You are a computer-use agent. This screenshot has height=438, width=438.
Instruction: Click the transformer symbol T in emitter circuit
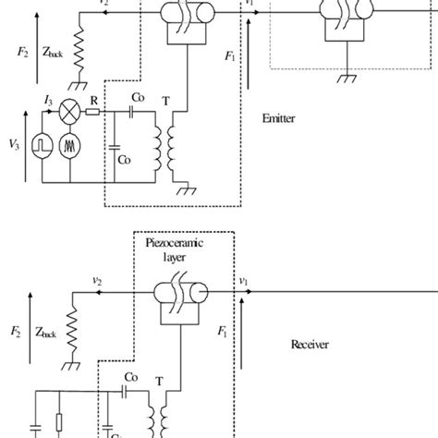pyautogui.click(x=167, y=142)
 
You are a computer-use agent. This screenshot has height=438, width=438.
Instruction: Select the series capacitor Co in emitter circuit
pyautogui.click(x=137, y=111)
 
